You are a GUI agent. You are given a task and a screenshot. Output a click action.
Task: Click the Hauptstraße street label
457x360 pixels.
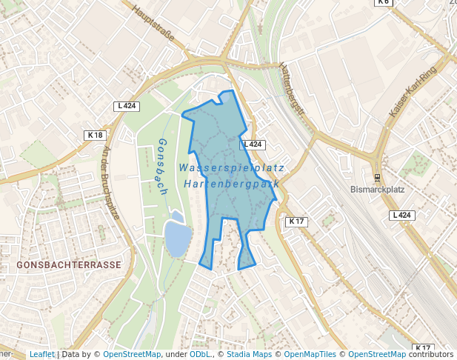[x=153, y=24]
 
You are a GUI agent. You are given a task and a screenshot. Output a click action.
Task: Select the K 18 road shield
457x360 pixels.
[x=96, y=136]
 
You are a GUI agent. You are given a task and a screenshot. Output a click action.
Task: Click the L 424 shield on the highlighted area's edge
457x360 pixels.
[x=253, y=144]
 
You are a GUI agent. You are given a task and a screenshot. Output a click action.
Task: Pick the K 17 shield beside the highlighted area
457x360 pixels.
[x=296, y=221]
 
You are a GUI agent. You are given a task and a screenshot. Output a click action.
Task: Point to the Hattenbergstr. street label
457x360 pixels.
[x=293, y=90]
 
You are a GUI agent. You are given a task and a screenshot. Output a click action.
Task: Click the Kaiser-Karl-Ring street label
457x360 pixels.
[x=413, y=92]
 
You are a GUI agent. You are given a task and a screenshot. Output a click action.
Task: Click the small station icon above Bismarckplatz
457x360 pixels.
[x=377, y=178]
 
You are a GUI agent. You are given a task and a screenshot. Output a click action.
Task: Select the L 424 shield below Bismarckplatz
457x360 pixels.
[x=401, y=215]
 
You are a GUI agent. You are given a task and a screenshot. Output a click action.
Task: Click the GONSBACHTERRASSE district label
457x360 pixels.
[x=69, y=264]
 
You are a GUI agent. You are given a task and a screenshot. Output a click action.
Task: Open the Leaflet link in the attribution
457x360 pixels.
[x=41, y=354]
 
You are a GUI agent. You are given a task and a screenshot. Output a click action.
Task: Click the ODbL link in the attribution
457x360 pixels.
[x=200, y=354]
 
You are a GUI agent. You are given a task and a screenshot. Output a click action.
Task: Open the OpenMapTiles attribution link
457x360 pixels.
[x=311, y=354]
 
